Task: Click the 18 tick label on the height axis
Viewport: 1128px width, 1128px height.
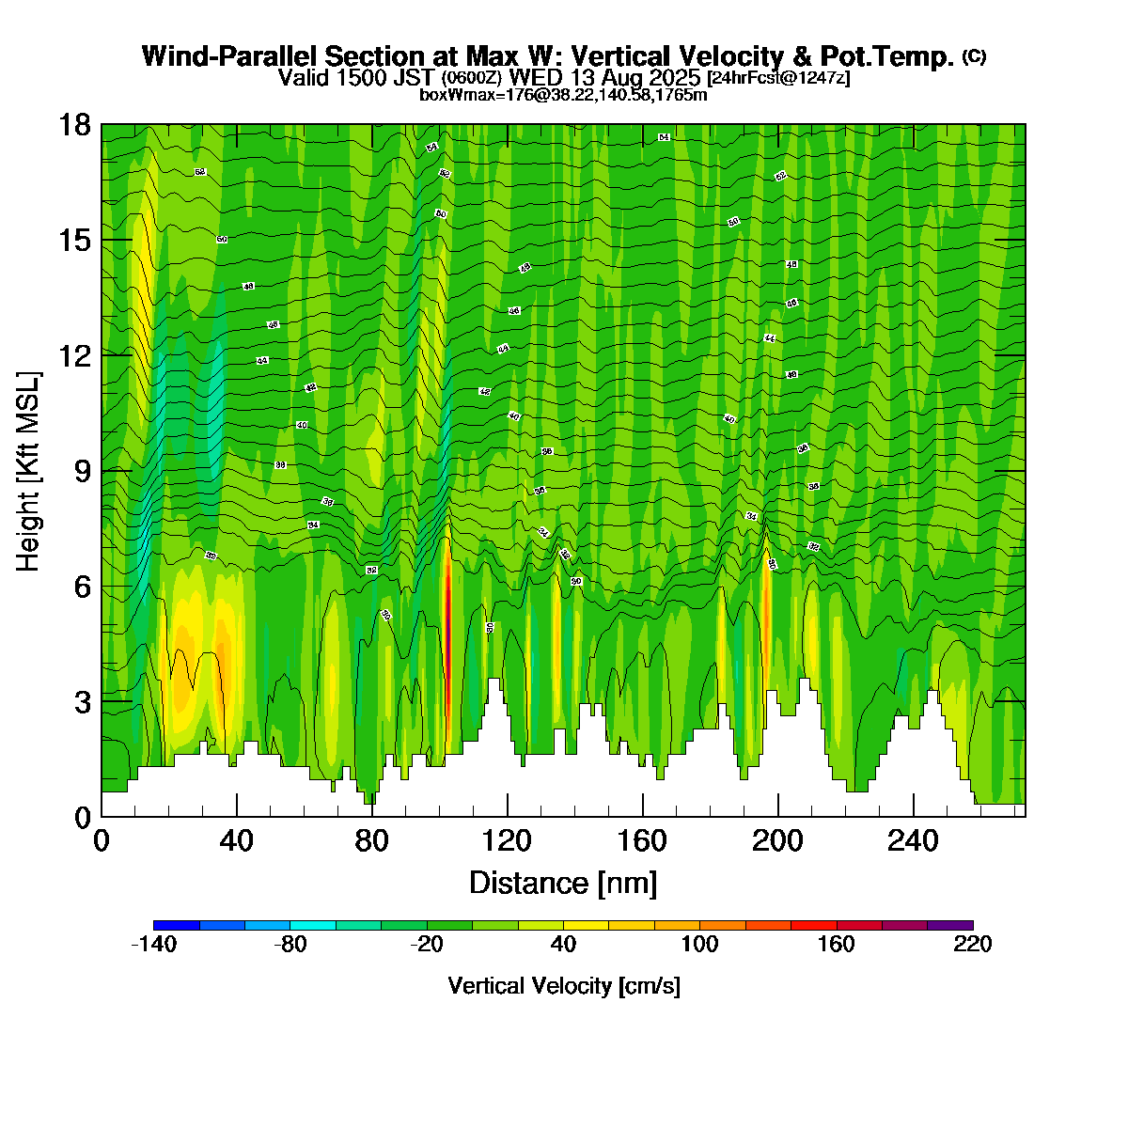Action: coord(76,124)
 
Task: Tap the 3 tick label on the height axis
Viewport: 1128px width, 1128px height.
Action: coord(83,701)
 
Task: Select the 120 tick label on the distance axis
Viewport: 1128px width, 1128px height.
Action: coord(508,840)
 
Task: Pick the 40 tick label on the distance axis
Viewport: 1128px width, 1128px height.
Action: coord(237,840)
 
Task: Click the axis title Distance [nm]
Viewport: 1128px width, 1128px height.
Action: coord(563,883)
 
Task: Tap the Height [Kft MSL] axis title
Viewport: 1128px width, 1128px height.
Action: coord(29,471)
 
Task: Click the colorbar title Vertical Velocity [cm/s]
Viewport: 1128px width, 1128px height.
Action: coord(564,986)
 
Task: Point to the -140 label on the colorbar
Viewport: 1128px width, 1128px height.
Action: coord(153,945)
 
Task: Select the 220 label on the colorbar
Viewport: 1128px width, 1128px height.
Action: coord(972,945)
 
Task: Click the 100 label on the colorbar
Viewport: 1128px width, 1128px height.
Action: coord(699,945)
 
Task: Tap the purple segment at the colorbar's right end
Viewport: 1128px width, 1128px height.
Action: coord(949,926)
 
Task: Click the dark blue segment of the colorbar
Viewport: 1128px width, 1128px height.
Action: coord(176,926)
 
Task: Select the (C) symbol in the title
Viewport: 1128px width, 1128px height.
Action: coord(974,56)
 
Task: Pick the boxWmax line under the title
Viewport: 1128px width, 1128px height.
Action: coord(563,94)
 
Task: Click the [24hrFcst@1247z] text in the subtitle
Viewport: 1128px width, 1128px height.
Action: coord(778,78)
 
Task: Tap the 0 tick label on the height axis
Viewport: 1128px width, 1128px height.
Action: coord(83,817)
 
